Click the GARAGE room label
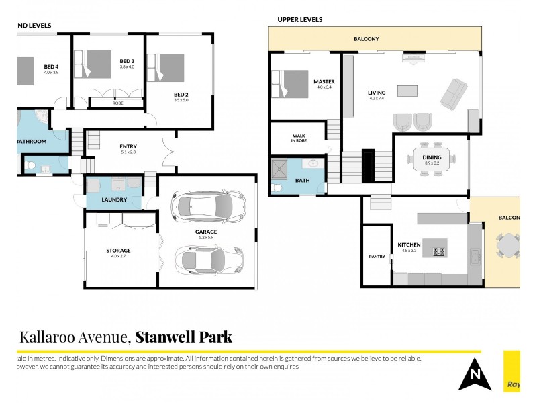[206, 232]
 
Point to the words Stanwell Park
[184, 337]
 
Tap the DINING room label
[432, 156]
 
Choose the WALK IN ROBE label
[298, 138]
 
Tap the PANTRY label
[376, 256]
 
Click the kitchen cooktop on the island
[439, 252]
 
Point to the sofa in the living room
[454, 93]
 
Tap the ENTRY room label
[128, 147]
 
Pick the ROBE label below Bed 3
[117, 103]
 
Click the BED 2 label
[181, 94]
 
